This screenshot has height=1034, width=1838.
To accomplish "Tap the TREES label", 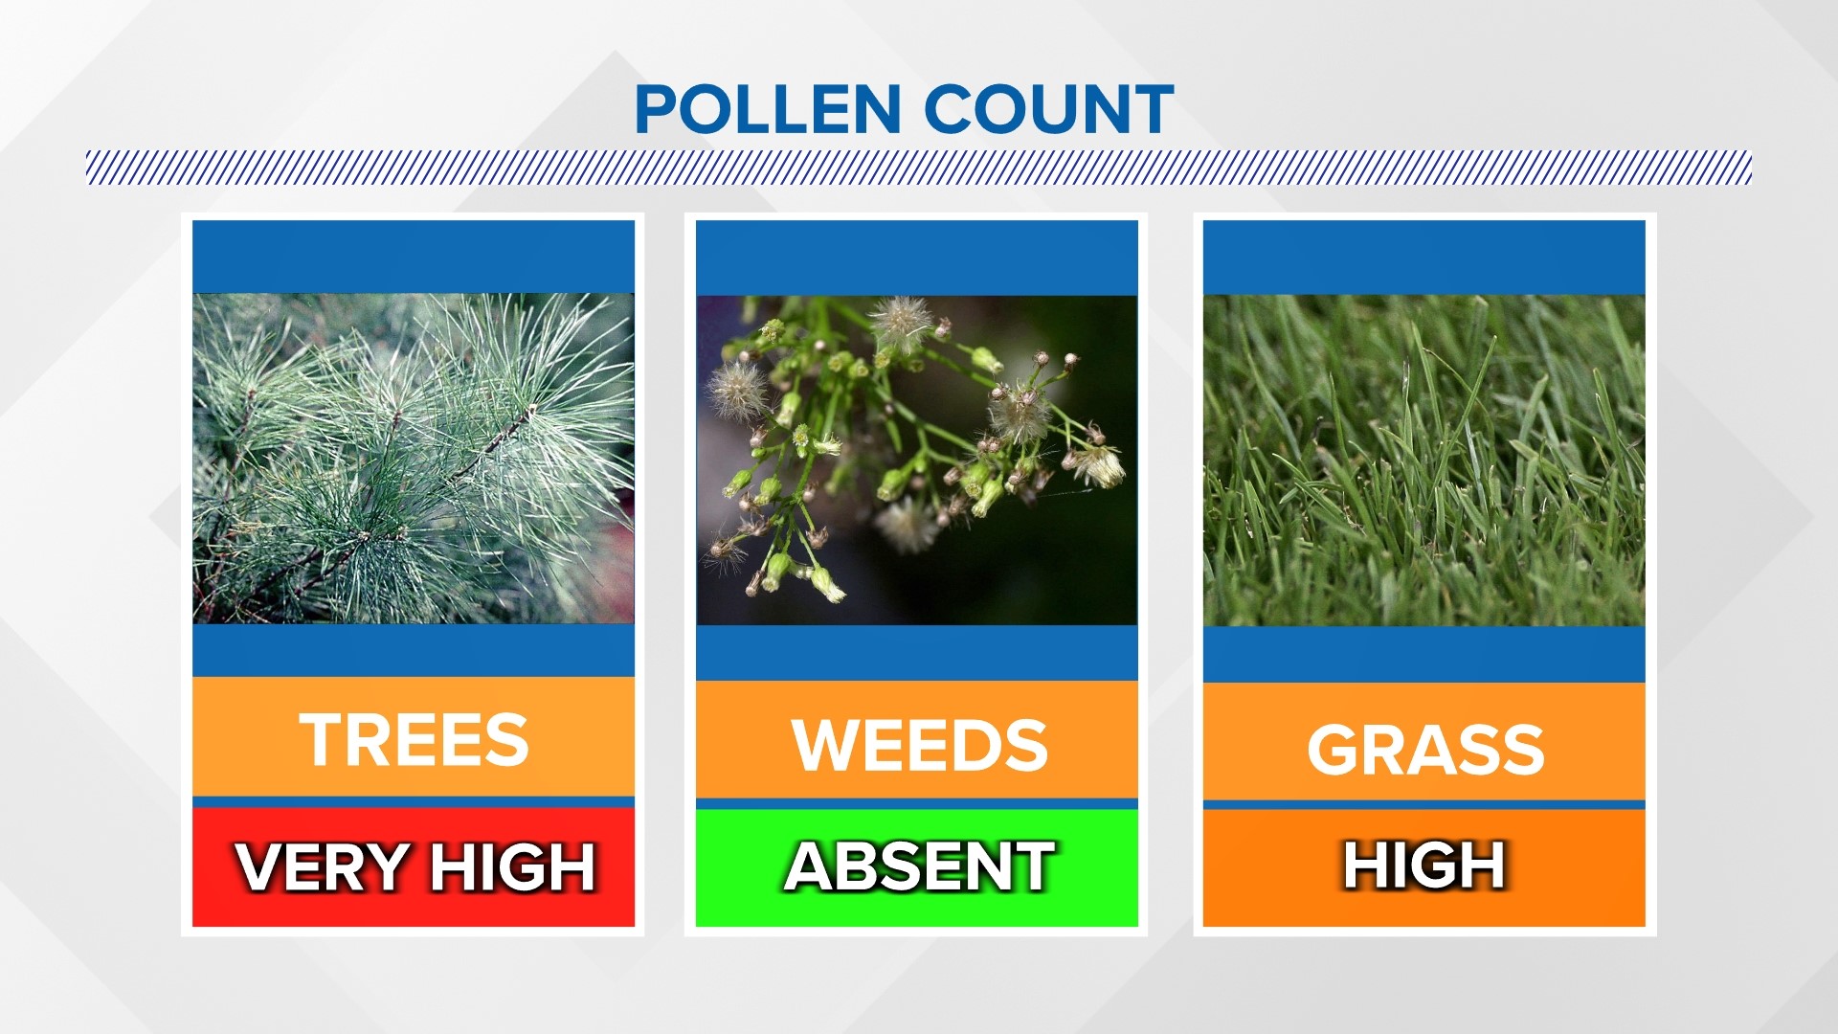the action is coord(414,739).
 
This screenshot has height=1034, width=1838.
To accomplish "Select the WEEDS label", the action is coord(919,744).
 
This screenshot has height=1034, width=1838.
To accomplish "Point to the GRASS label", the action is coord(1425,749).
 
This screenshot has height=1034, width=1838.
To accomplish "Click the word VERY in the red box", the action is coord(324,867).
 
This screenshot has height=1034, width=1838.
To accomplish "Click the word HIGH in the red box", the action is coord(512,867).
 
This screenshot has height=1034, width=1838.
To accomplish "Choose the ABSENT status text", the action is coord(919,866).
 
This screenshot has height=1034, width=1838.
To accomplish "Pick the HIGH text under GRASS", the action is coord(1424,865).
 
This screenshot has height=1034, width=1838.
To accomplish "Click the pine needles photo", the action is coord(414,459).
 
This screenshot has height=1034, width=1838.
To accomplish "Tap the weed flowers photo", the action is coord(917,461).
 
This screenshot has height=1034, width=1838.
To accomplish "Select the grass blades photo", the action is coord(1424,461).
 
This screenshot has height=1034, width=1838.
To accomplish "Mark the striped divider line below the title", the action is coord(919,168).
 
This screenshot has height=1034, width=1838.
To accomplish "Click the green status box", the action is coord(917,867).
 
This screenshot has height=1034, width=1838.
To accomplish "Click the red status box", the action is coord(414,867).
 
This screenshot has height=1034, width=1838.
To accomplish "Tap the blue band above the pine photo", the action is coord(414,257).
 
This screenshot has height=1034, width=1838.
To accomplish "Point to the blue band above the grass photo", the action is coord(1424,258).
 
